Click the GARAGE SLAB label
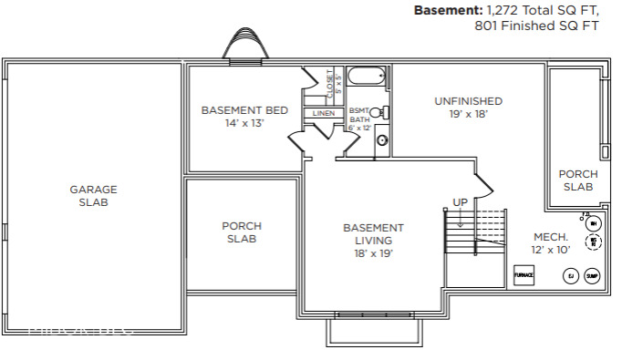click(93, 196)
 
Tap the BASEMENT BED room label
click(244, 110)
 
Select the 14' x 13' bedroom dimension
click(244, 123)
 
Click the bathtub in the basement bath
click(368, 78)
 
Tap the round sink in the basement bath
click(382, 141)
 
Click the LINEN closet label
click(323, 113)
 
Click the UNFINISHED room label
click(468, 101)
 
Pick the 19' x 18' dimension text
click(468, 114)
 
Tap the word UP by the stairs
click(461, 202)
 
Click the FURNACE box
click(524, 274)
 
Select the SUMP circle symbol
click(592, 275)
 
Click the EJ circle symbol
click(571, 275)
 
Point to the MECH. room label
click(552, 237)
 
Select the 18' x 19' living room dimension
click(373, 254)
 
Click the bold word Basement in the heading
click(449, 11)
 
